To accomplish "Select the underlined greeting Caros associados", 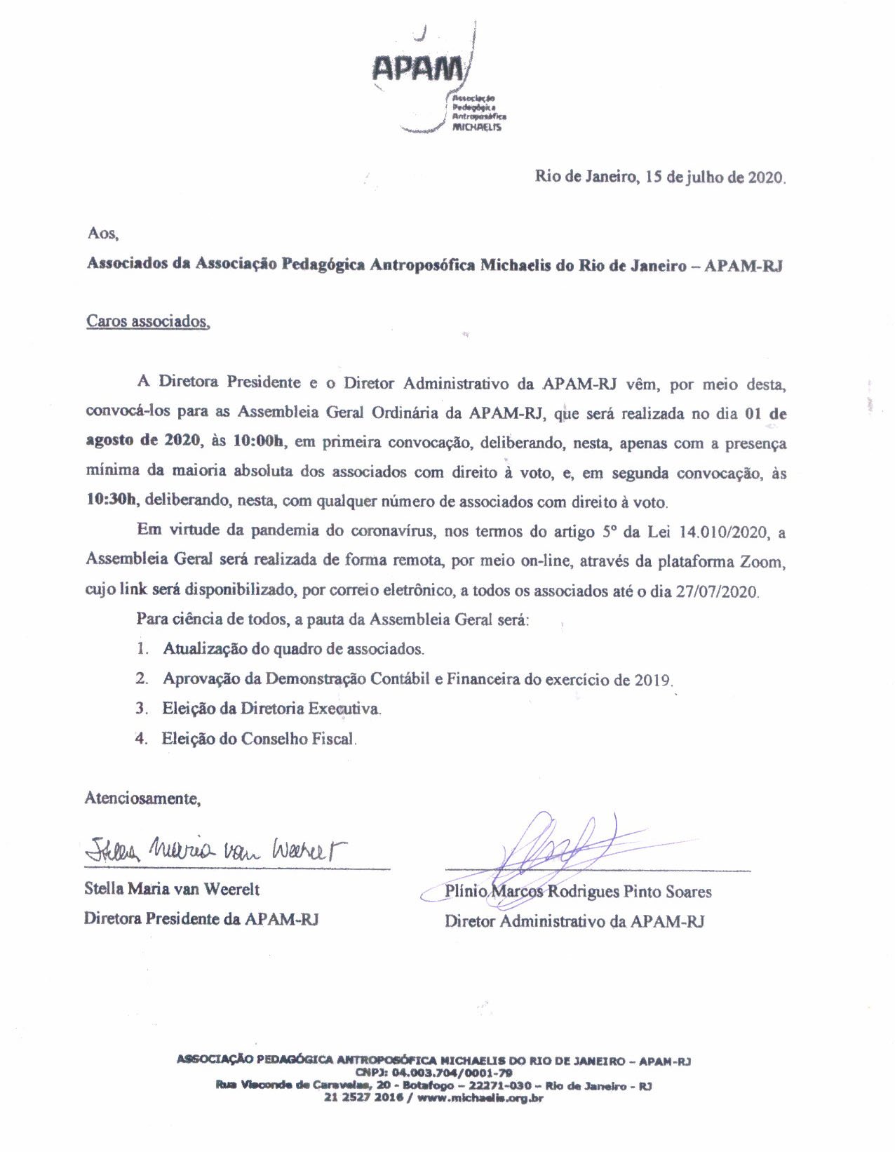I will tap(147, 321).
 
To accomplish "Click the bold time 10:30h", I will tap(112, 501).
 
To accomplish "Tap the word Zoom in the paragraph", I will tap(760, 561).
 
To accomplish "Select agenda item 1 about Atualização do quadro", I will tap(293, 649).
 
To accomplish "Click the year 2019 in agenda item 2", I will tap(653, 679).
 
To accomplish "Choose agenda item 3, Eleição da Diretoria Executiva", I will tap(271, 709).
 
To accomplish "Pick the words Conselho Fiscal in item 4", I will tap(298, 739).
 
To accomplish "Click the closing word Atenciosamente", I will tap(142, 798).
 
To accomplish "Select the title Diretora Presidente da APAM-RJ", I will tap(201, 918).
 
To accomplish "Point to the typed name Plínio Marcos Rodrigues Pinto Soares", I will tap(578, 892).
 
